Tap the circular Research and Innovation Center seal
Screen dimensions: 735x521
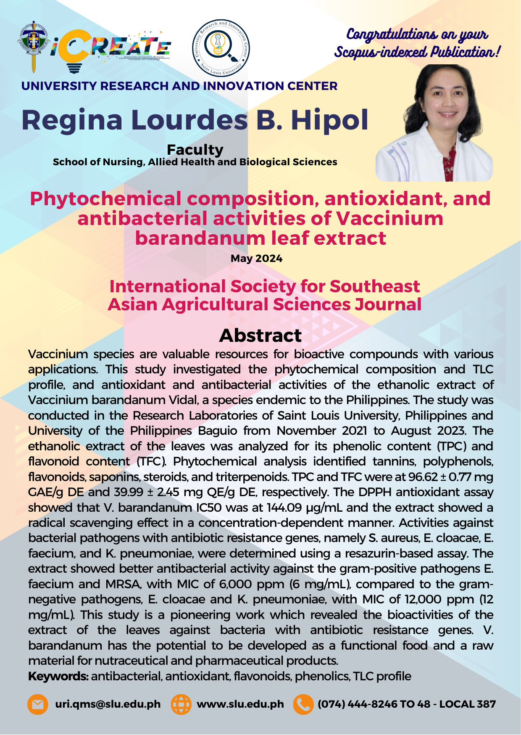(x=221, y=48)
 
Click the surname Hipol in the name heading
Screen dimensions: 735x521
(x=329, y=120)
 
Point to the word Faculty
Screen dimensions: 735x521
(x=195, y=150)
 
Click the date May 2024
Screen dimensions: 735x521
(x=256, y=258)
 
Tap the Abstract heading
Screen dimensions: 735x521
(x=260, y=336)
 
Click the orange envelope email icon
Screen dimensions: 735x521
(x=37, y=704)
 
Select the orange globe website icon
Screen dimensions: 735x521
(x=181, y=704)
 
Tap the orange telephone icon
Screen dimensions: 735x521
(x=303, y=704)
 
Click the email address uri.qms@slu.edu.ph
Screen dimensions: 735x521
(x=108, y=704)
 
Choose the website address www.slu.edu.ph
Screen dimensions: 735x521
(x=240, y=704)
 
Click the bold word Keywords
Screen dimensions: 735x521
(x=58, y=676)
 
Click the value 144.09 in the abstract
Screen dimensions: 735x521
(x=284, y=508)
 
